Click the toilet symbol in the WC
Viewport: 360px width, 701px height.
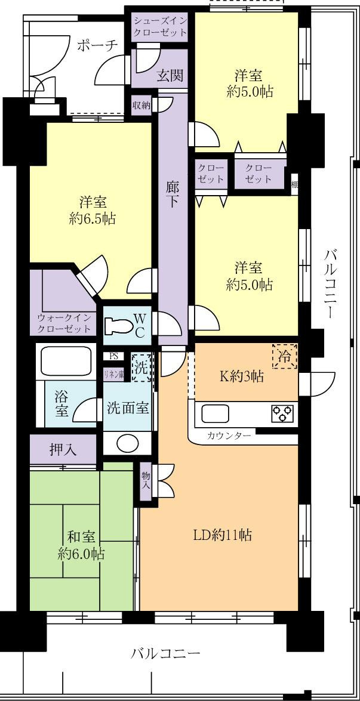coord(117,326)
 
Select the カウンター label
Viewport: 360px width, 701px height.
coord(229,436)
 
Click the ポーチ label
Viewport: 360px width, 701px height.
coord(96,46)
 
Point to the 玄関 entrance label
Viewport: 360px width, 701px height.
coord(170,76)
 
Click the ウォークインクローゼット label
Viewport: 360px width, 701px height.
coord(64,323)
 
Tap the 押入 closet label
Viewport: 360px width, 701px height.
coord(63,449)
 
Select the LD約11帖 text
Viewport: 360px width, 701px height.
coord(221,535)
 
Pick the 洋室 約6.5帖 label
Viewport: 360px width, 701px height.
coord(92,209)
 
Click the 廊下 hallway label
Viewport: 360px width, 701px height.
coord(173,194)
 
